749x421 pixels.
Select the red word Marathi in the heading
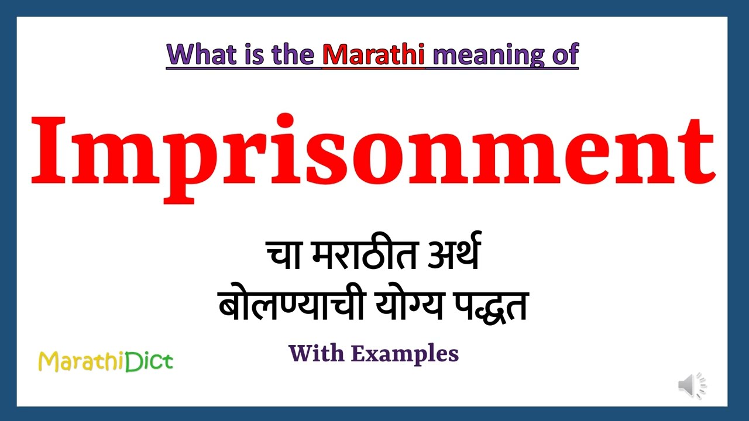[373, 55]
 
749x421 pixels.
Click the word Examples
[405, 354]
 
